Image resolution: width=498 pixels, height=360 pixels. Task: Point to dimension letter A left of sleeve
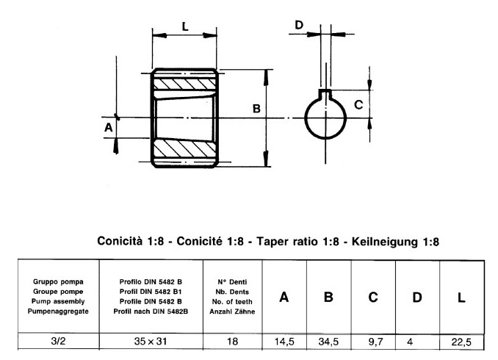pos(108,127)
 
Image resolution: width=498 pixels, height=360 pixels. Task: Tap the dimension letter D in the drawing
pos(299,25)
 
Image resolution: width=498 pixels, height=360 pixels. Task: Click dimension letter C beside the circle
pos(358,104)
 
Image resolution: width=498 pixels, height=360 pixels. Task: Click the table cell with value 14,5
pos(284,342)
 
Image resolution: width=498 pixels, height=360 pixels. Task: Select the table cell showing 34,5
pos(329,342)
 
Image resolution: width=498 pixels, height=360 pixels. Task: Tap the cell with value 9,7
pos(373,342)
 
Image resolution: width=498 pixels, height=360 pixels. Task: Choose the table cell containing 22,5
pos(461,342)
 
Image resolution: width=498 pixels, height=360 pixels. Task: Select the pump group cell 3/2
pos(57,342)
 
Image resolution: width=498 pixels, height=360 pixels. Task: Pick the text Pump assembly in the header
pos(57,301)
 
